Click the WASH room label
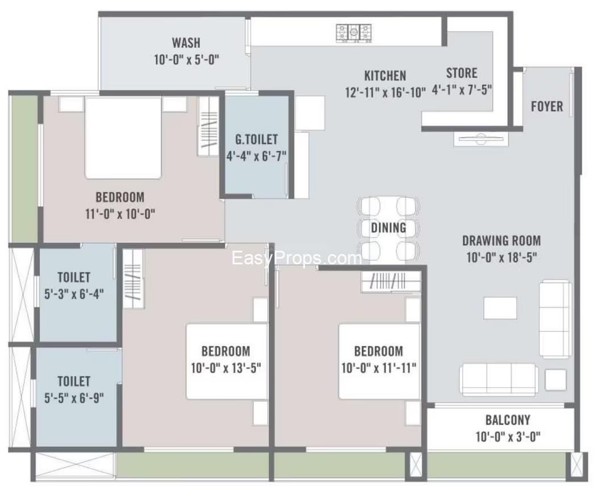point(186,43)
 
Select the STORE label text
point(461,73)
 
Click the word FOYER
point(547,106)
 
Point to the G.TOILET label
point(257,139)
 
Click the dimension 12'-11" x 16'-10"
point(385,92)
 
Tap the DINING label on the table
point(389,228)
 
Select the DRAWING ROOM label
point(501,240)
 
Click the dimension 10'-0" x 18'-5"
point(501,258)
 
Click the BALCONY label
point(508,420)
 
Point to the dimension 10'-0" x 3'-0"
point(508,437)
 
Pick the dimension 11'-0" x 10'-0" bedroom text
point(119,214)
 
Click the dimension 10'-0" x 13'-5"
point(226,367)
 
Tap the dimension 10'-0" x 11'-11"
point(379,367)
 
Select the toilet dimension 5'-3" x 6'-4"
point(74,294)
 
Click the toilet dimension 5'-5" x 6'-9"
point(74,397)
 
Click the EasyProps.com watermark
point(296,259)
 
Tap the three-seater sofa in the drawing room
point(499,379)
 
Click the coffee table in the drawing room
point(500,308)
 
